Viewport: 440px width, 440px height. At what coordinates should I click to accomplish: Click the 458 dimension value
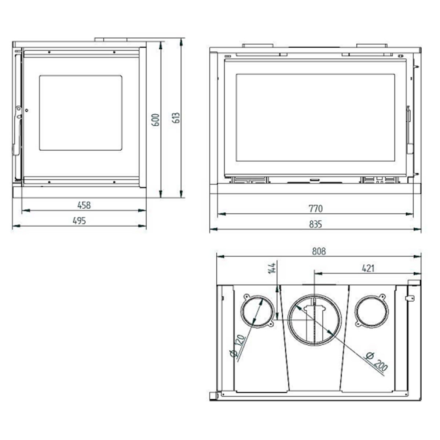coord(84,205)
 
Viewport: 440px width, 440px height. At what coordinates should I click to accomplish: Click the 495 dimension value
coord(79,221)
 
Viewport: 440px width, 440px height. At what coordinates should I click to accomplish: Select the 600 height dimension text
coord(156,120)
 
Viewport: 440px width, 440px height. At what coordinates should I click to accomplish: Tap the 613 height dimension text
coord(176,117)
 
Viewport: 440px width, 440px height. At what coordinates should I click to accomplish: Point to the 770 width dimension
coord(315,209)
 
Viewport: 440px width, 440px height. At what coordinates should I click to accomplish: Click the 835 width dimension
coord(315,224)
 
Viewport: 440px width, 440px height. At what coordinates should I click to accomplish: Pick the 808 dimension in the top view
coord(319,251)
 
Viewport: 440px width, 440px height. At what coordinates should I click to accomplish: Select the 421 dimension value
coord(368,268)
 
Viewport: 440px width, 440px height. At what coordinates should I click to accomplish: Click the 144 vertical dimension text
coord(272,268)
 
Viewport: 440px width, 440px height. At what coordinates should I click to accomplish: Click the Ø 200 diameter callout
coord(377,361)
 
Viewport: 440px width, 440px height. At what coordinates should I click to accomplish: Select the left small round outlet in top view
coord(257,311)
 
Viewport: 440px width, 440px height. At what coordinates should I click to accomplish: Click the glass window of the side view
coord(80,113)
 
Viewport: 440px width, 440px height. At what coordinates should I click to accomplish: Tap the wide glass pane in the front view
coord(315,117)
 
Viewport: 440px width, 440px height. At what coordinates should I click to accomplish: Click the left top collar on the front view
coord(258,45)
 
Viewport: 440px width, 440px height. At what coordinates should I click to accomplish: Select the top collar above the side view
coord(111,39)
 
